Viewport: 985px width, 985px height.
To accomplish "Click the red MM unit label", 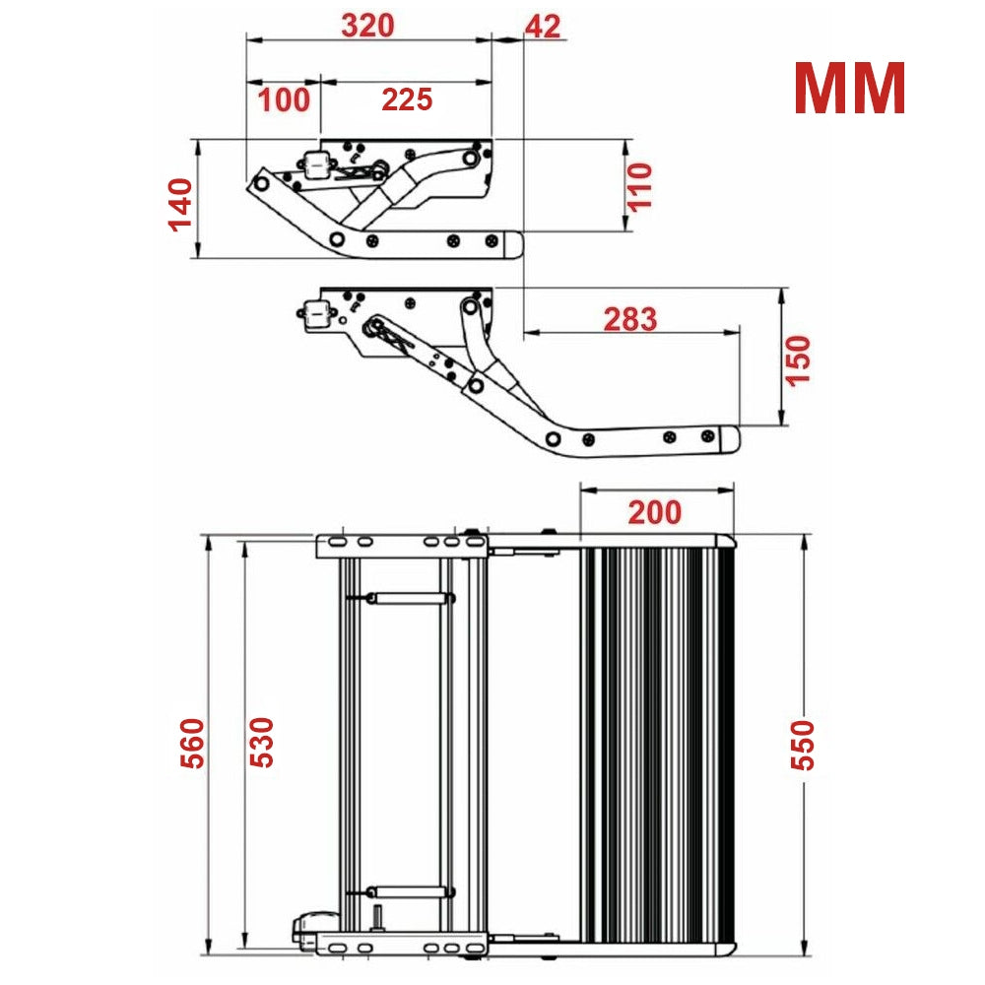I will point(849,90).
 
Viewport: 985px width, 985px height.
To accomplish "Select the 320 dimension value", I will point(367,26).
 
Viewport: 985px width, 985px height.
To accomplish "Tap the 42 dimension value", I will point(543,26).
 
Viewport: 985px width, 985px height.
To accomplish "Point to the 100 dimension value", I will point(284,99).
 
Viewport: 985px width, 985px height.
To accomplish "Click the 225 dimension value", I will point(407,99).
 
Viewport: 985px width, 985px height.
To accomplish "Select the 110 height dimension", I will point(640,186).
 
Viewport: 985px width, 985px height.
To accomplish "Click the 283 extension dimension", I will point(629,319).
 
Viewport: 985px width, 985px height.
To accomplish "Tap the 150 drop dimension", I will point(799,360).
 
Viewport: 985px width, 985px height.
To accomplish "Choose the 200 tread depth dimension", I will point(655,512).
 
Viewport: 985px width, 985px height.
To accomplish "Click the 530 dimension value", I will point(261,744).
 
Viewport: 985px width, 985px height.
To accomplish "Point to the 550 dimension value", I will point(804,744).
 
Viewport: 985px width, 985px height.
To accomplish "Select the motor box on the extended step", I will point(317,314).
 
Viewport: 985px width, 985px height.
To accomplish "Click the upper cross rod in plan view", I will point(408,597).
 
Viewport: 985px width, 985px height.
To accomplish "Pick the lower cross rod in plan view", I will point(408,891).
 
